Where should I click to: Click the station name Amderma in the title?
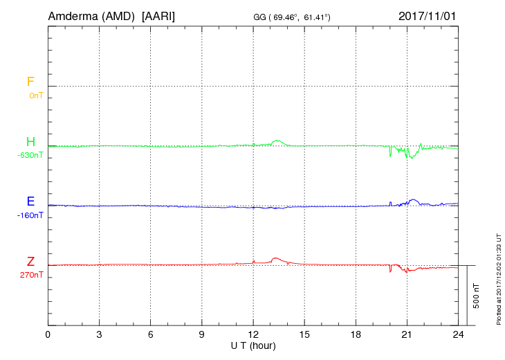pyautogui.click(x=73, y=16)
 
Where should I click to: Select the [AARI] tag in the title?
pyautogui.click(x=158, y=17)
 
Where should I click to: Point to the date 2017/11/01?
pyautogui.click(x=427, y=16)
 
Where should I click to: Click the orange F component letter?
pyautogui.click(x=30, y=82)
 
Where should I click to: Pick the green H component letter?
pyautogui.click(x=30, y=142)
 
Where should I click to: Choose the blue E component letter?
pyautogui.click(x=30, y=201)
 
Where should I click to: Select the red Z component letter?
pyautogui.click(x=30, y=262)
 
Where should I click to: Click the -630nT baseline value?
pyautogui.click(x=30, y=155)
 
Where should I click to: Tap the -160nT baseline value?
pyautogui.click(x=30, y=215)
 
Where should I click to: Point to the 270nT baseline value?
pyautogui.click(x=32, y=275)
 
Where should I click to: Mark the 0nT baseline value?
pyautogui.click(x=36, y=96)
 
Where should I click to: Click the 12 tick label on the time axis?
pyautogui.click(x=253, y=334)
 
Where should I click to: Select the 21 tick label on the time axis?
pyautogui.click(x=407, y=334)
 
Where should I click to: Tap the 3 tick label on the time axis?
pyautogui.click(x=99, y=334)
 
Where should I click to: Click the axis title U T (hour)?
pyautogui.click(x=253, y=346)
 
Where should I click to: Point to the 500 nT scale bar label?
pyautogui.click(x=477, y=296)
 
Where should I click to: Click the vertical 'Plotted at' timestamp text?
pyautogui.click(x=499, y=279)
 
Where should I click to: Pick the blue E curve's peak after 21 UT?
pyautogui.click(x=413, y=199)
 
